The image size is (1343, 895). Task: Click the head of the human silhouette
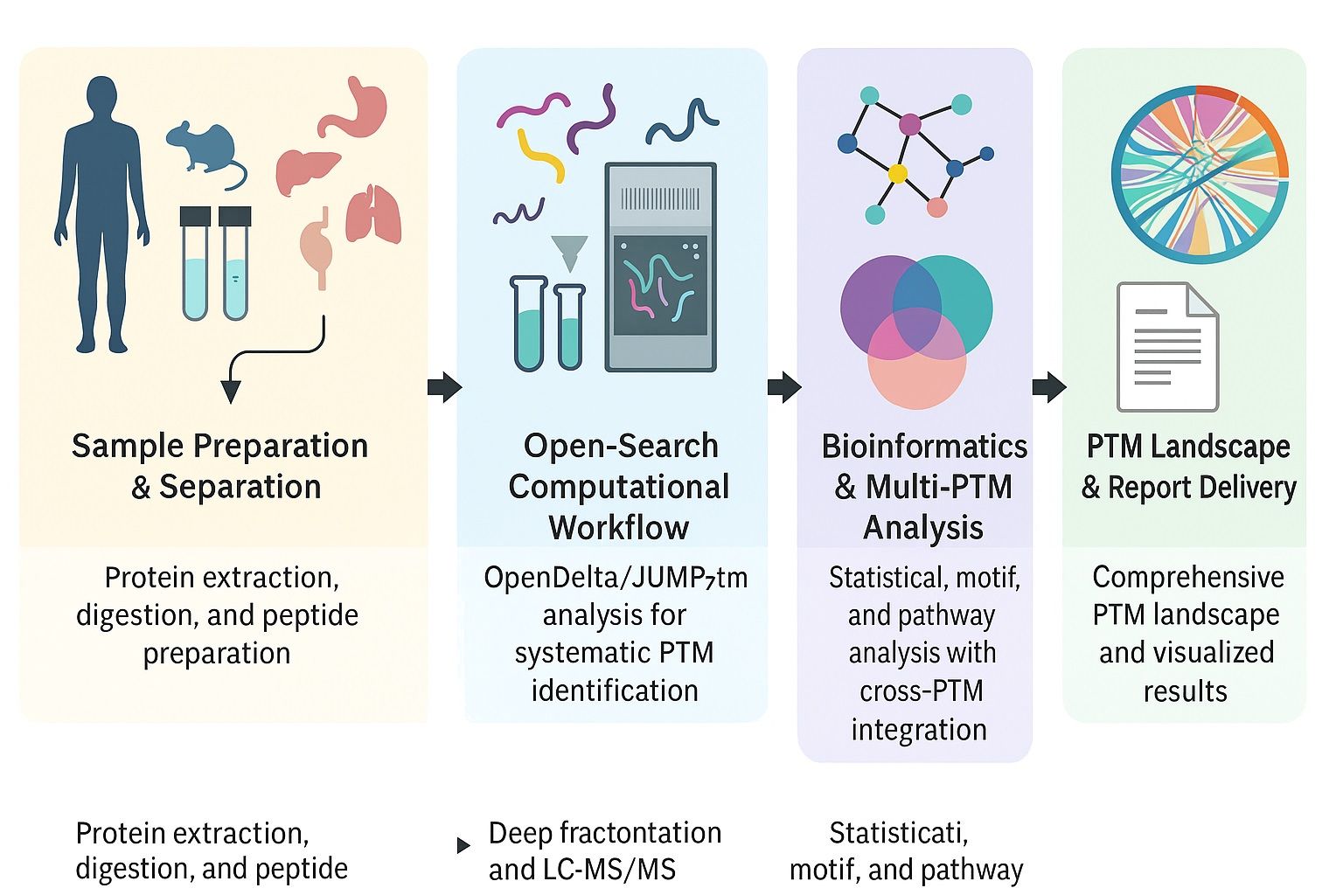point(102,97)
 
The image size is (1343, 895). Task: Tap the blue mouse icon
point(205,150)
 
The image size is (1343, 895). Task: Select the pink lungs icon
point(373,215)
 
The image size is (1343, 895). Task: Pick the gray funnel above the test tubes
point(569,253)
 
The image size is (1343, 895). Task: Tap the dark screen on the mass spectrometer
point(660,285)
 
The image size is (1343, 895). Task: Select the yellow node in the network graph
point(897,173)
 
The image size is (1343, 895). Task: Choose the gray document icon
point(1167,347)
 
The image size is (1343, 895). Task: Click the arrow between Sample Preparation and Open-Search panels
point(444,386)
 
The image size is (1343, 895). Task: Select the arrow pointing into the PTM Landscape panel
point(1048,386)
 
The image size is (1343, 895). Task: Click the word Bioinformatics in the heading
point(924,447)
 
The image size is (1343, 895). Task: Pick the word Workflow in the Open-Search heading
point(618,528)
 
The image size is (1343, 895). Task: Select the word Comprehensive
point(1187,577)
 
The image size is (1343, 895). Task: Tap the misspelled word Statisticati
point(898,833)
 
